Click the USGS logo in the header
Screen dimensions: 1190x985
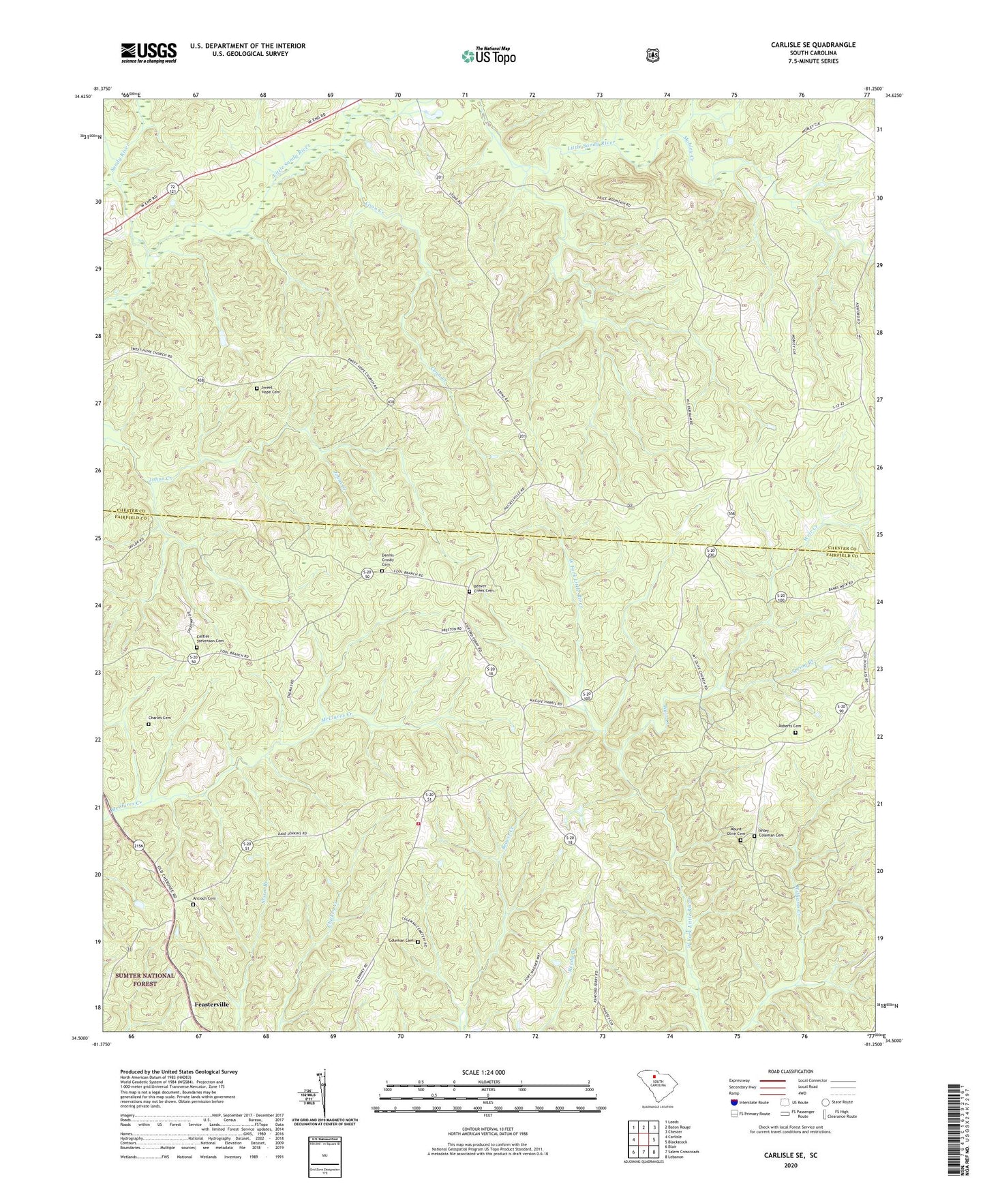(x=149, y=52)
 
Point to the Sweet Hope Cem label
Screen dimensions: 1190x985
(x=271, y=391)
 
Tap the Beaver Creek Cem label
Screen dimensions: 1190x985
(x=485, y=590)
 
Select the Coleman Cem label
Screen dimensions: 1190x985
(x=401, y=941)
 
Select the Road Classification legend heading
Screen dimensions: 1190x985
(x=790, y=1071)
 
